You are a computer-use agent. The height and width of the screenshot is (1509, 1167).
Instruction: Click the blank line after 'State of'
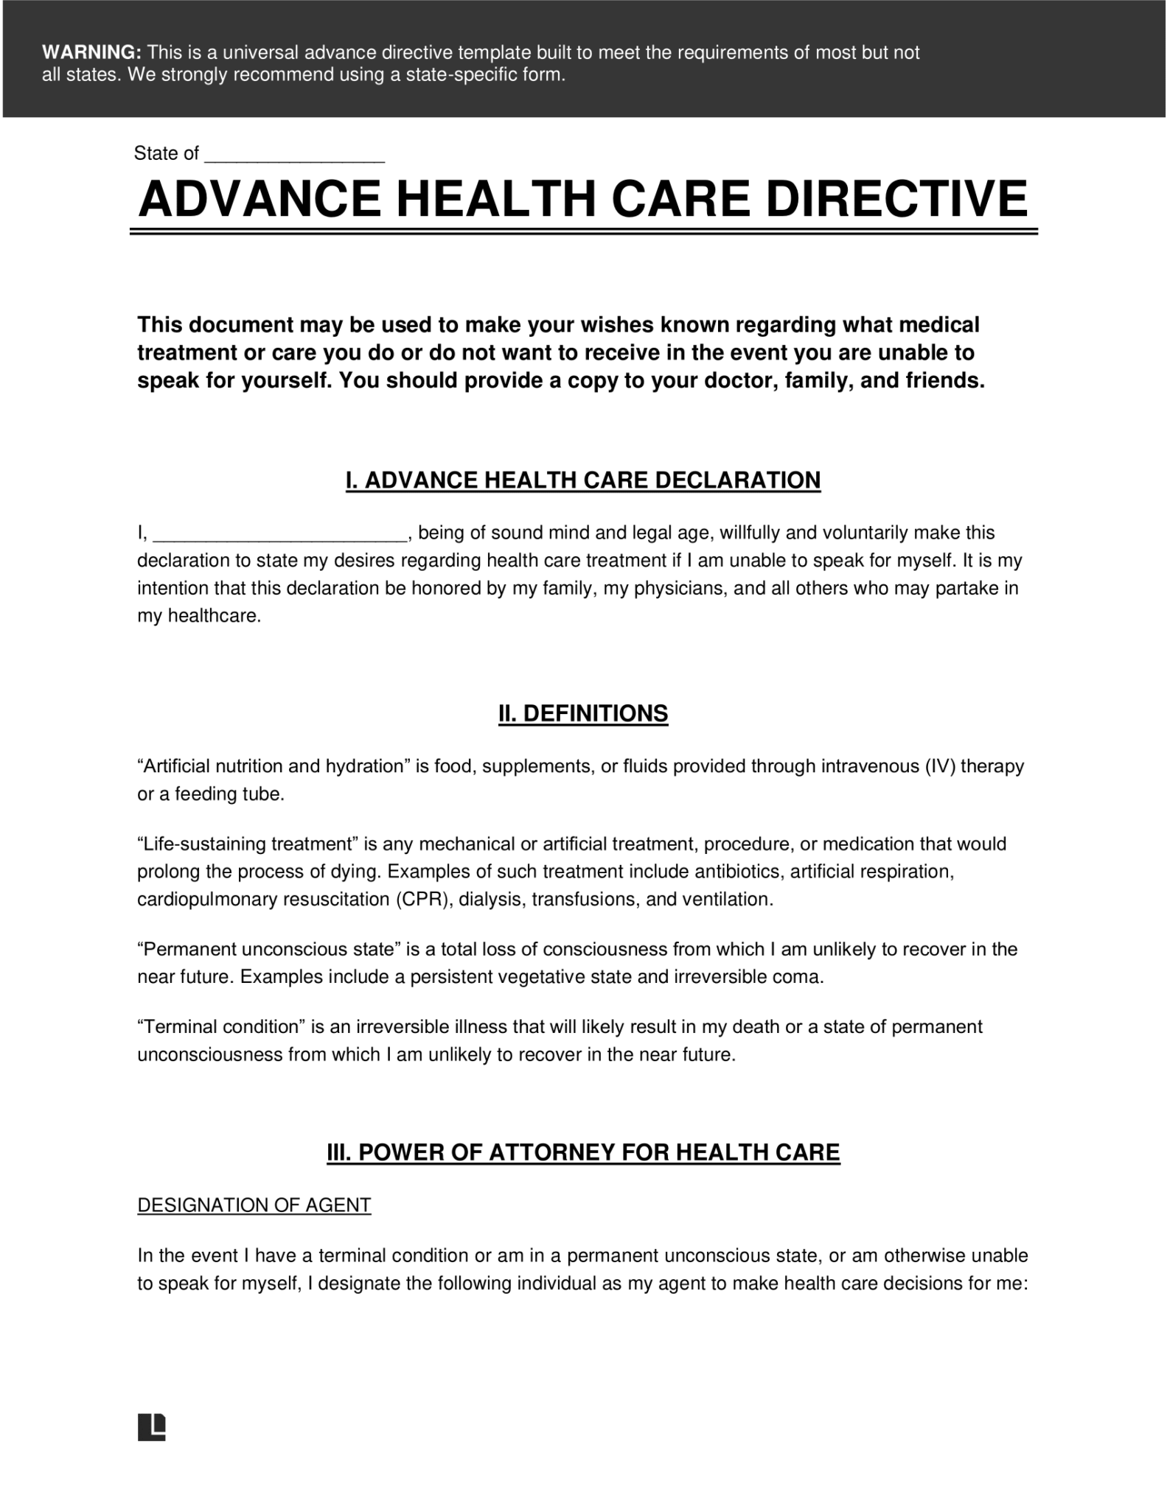pyautogui.click(x=294, y=155)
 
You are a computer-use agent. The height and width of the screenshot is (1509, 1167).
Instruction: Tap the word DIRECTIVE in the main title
pyautogui.click(x=896, y=199)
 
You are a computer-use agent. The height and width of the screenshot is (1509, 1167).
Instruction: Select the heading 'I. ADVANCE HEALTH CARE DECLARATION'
pyautogui.click(x=582, y=480)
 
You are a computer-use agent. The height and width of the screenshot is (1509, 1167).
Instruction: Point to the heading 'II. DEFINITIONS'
pyautogui.click(x=582, y=713)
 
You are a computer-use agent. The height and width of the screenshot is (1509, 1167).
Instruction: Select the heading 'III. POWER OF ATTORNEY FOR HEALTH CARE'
pyautogui.click(x=582, y=1153)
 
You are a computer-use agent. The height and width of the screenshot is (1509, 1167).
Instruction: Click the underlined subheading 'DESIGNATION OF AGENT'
pyautogui.click(x=254, y=1205)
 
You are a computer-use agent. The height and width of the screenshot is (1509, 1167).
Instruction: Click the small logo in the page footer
pyautogui.click(x=151, y=1427)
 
